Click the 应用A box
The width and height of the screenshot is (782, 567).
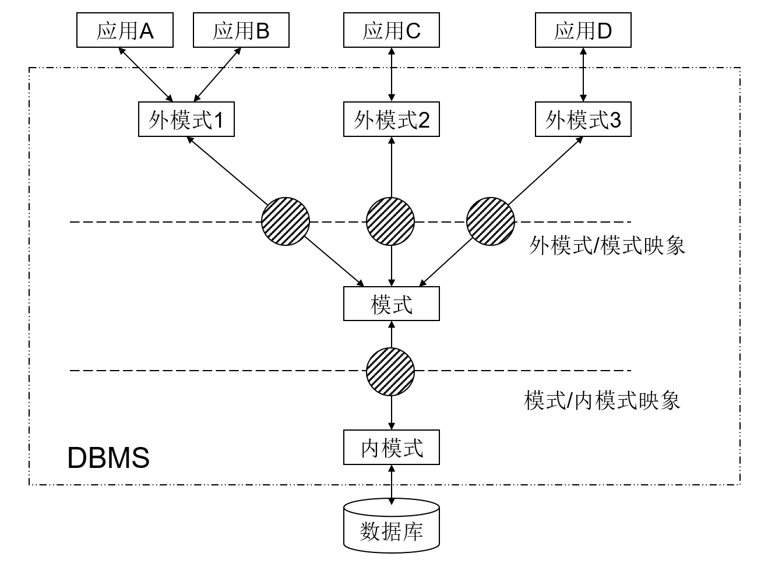(x=125, y=31)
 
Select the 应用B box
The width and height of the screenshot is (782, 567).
(x=241, y=31)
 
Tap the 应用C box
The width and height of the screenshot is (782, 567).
(x=391, y=31)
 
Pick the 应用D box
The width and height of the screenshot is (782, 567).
(x=583, y=31)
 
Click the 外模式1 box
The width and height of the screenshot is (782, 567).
(x=186, y=120)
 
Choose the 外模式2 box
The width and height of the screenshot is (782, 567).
(x=391, y=120)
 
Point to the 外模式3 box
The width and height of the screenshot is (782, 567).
(x=583, y=120)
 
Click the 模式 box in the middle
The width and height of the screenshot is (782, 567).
(x=391, y=304)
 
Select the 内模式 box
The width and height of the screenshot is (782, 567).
(x=391, y=448)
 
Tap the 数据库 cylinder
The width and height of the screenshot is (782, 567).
(x=391, y=527)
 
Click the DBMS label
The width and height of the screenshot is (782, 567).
(x=108, y=458)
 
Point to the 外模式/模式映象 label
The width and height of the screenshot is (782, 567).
(x=607, y=245)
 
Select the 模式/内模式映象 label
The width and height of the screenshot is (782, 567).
(x=602, y=401)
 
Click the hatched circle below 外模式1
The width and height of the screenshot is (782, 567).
(x=286, y=221)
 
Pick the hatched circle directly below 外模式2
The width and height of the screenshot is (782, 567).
(x=390, y=221)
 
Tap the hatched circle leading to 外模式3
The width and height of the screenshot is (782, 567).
(x=491, y=221)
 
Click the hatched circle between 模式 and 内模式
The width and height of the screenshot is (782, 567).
(x=390, y=372)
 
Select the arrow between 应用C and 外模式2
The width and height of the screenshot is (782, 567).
(x=391, y=75)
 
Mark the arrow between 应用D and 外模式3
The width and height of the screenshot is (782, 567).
(x=583, y=75)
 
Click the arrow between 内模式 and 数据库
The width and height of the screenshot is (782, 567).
(x=391, y=482)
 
